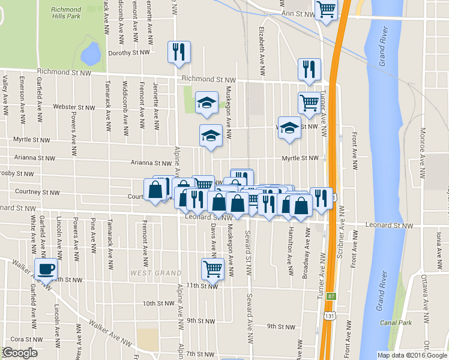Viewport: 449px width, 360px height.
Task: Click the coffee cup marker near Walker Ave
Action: (x=46, y=268)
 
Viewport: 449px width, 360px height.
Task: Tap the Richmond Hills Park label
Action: (x=66, y=13)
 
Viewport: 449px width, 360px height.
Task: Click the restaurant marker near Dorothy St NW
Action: (x=179, y=52)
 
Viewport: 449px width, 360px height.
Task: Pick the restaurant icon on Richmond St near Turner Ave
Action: (x=309, y=69)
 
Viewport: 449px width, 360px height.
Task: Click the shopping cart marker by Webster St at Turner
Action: (x=309, y=103)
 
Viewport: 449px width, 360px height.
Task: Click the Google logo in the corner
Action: (x=19, y=353)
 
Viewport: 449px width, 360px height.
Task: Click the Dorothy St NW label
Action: (x=128, y=53)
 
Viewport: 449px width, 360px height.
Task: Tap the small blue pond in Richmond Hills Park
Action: (x=91, y=53)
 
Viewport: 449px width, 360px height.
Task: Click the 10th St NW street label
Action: (x=158, y=303)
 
